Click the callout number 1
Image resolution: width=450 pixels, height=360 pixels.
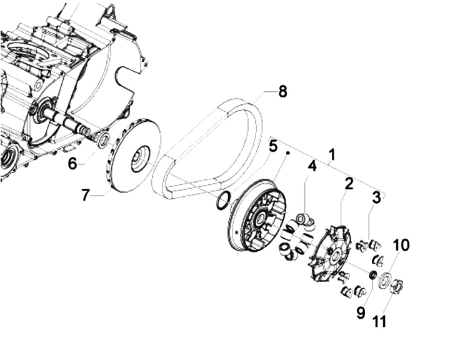(x=332, y=155)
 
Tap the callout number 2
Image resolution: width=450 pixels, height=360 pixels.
(x=349, y=184)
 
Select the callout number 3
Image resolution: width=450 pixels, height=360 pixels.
(x=376, y=197)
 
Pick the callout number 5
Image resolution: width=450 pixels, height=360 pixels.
(x=273, y=146)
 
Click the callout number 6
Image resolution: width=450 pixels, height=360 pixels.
(x=72, y=164)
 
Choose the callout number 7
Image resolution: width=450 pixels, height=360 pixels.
(x=85, y=195)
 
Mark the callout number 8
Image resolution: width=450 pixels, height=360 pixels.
(x=282, y=92)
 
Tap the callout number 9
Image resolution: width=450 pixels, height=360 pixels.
(x=361, y=312)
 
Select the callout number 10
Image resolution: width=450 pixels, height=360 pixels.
(x=401, y=246)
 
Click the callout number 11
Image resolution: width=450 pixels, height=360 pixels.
(x=379, y=321)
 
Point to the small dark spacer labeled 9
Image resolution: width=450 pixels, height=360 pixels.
(x=372, y=275)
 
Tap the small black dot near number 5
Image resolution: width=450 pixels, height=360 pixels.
(x=288, y=153)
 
